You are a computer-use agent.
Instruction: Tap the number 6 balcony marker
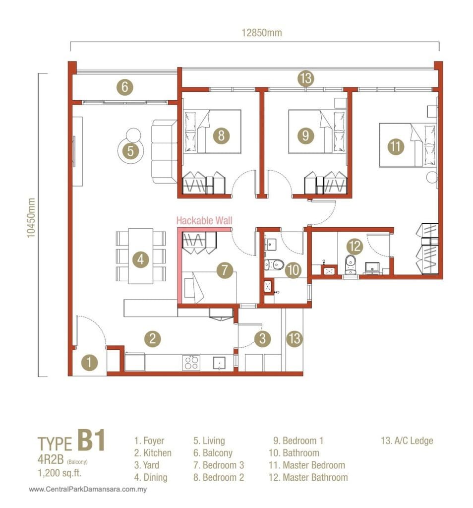point(125,87)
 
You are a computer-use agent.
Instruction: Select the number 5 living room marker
point(130,151)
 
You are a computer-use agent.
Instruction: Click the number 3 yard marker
point(263,339)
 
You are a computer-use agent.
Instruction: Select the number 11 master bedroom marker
point(395,146)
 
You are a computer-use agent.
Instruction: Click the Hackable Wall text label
point(204,220)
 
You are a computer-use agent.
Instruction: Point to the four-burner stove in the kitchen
point(192,363)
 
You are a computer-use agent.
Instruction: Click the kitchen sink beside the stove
point(219,364)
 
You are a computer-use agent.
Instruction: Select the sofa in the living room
point(164,151)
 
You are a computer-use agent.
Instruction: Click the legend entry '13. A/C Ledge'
point(406,440)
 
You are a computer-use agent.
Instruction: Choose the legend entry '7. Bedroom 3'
point(218,465)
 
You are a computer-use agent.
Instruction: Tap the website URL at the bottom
point(89,490)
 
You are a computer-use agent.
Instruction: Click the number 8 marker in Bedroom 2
point(222,135)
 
